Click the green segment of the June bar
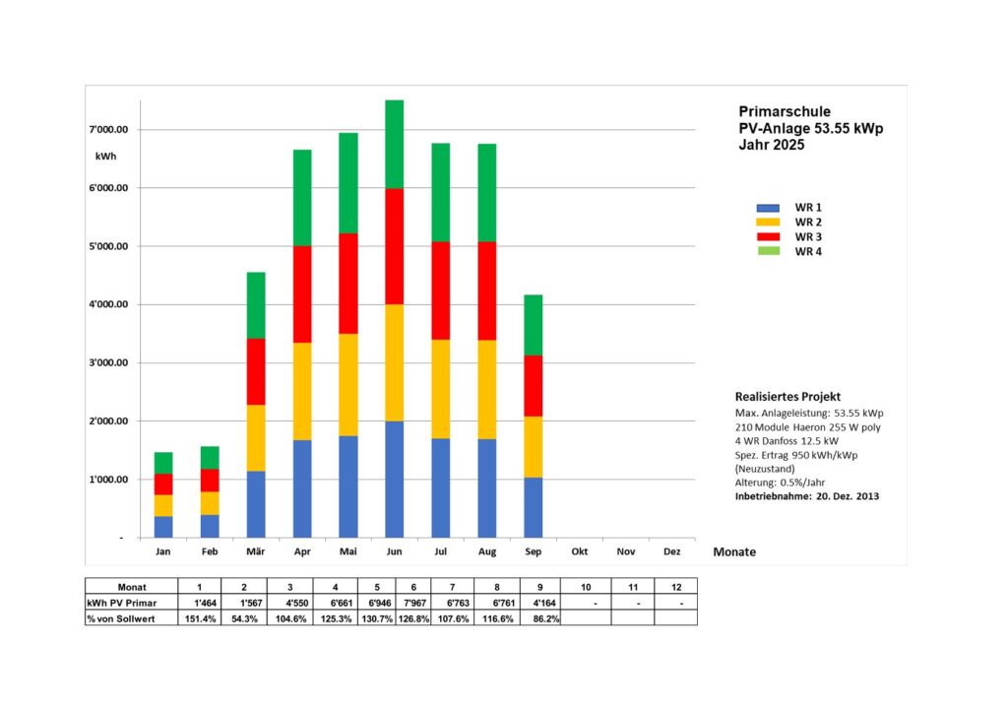pos(394,144)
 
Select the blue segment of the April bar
pos(302,488)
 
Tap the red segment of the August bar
pos(486,291)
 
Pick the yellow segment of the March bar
pos(256,437)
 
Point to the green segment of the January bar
pos(163,463)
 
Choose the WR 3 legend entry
pos(808,236)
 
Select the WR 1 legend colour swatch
pos(768,208)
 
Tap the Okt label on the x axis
pos(580,551)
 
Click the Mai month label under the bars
pos(347,551)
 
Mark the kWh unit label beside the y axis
pos(106,157)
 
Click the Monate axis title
pos(734,552)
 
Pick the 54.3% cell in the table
pos(242,617)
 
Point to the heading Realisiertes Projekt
pos(787,396)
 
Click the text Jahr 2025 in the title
pos(771,145)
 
